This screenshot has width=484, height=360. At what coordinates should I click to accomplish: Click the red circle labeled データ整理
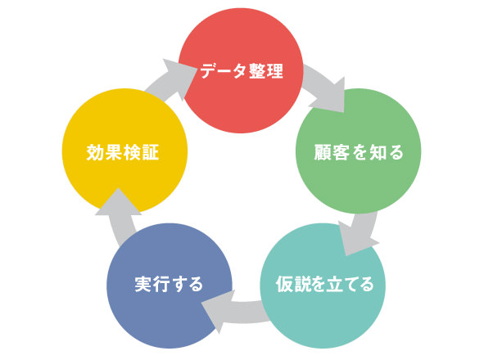point(241,71)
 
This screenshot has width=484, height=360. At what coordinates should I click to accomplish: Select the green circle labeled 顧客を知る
point(359,151)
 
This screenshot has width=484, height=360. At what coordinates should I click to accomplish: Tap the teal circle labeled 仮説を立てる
point(323,286)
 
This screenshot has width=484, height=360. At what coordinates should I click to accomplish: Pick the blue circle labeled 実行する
point(170,286)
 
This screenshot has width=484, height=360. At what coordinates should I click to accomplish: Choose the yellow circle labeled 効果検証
point(124,151)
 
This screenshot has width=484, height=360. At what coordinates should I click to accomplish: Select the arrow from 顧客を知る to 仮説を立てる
point(360,232)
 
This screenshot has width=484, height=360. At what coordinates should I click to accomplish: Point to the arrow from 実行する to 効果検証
point(119,216)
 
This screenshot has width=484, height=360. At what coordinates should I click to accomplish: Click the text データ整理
point(242,71)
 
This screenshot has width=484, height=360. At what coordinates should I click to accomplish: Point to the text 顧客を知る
point(359,152)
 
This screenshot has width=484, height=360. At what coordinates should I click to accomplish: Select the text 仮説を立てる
point(324,284)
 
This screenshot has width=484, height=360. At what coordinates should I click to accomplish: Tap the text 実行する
point(169,284)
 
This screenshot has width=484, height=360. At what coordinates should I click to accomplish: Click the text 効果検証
point(123,152)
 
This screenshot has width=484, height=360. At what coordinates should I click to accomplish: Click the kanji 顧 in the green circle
point(323,152)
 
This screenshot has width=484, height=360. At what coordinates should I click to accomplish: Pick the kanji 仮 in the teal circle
point(284,284)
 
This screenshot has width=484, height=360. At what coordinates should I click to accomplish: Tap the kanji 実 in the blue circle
point(143,284)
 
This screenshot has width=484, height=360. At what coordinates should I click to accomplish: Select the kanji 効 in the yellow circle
point(95,152)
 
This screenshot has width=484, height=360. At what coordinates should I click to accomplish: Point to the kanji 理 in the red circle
point(274,71)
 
